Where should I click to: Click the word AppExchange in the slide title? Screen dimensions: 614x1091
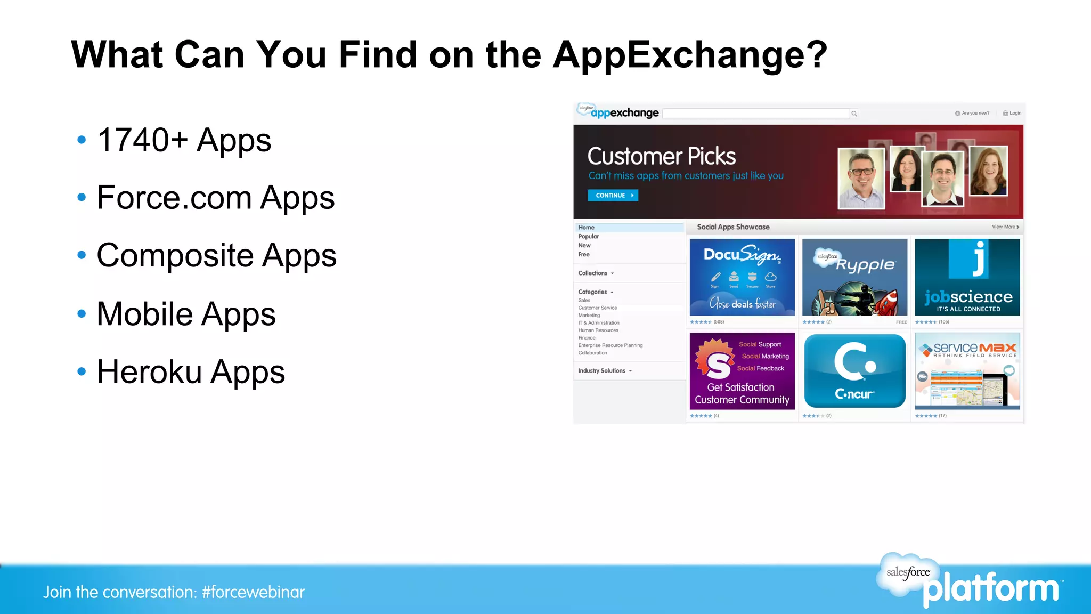[690, 55]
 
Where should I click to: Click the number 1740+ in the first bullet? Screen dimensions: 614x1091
[142, 140]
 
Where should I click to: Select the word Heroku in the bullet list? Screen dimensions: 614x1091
[149, 372]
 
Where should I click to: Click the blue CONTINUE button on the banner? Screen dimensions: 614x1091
[613, 196]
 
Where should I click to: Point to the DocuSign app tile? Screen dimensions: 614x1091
[742, 277]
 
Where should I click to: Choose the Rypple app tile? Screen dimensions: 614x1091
[854, 277]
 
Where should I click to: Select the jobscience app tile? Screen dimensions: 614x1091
[967, 277]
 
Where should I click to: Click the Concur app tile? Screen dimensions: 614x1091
[854, 371]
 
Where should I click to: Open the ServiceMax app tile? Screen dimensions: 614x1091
[967, 371]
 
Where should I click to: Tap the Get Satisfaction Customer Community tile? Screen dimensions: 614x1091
[742, 371]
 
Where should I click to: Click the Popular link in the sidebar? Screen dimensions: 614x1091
[588, 237]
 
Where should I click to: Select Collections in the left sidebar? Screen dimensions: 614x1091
[592, 273]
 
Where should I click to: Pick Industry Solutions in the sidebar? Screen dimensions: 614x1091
[601, 371]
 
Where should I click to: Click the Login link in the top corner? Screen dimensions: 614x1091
[1014, 113]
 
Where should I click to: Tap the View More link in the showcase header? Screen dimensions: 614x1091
[1004, 227]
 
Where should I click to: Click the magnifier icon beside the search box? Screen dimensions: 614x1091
[854, 114]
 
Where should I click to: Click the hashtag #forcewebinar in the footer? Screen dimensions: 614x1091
[253, 592]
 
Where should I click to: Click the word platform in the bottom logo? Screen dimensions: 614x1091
[991, 589]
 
